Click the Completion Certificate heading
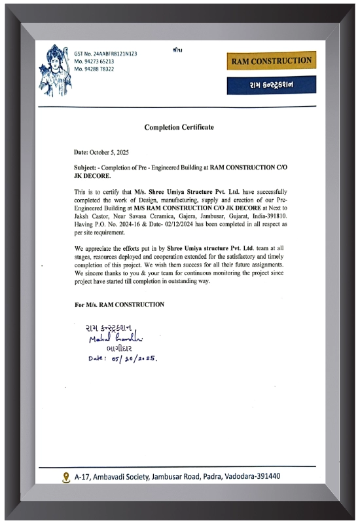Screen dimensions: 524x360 click(x=179, y=126)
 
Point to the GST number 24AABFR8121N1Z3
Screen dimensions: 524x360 click(x=105, y=53)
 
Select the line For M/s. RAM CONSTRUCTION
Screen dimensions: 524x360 click(x=119, y=305)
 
